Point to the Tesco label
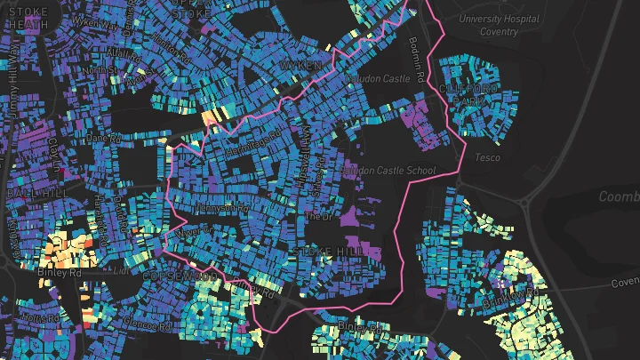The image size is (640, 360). click(487, 157)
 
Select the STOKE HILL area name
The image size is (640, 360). click(331, 253)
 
